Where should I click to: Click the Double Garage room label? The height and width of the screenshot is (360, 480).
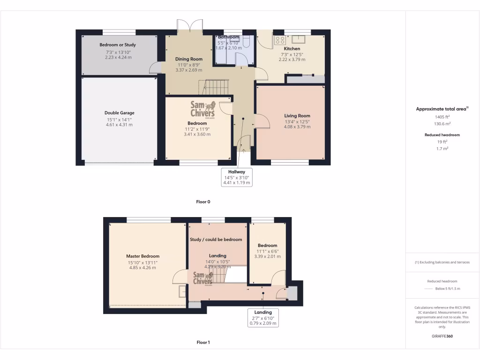119,113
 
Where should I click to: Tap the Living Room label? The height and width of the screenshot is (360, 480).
297,116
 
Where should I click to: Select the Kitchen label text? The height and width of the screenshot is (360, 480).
292,49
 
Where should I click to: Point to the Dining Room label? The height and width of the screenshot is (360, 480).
189,59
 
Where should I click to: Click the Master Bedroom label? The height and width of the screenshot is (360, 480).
142,256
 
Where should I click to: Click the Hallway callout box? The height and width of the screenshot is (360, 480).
237,178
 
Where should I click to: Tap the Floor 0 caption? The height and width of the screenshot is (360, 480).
203,202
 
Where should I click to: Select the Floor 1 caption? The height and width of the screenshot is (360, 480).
203,343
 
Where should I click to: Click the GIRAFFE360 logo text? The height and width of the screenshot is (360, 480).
442,336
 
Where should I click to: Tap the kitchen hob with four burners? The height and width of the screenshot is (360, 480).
280,40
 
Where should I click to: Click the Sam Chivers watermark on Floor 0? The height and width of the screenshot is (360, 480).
202,110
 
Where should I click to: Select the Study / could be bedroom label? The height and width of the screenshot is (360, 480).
216,240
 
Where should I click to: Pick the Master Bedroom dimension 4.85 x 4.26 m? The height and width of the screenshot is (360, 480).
142,268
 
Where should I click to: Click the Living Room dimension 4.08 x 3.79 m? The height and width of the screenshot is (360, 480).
297,127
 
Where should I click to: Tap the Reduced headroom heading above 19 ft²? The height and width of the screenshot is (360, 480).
442,135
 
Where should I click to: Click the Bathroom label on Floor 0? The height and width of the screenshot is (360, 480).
228,37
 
